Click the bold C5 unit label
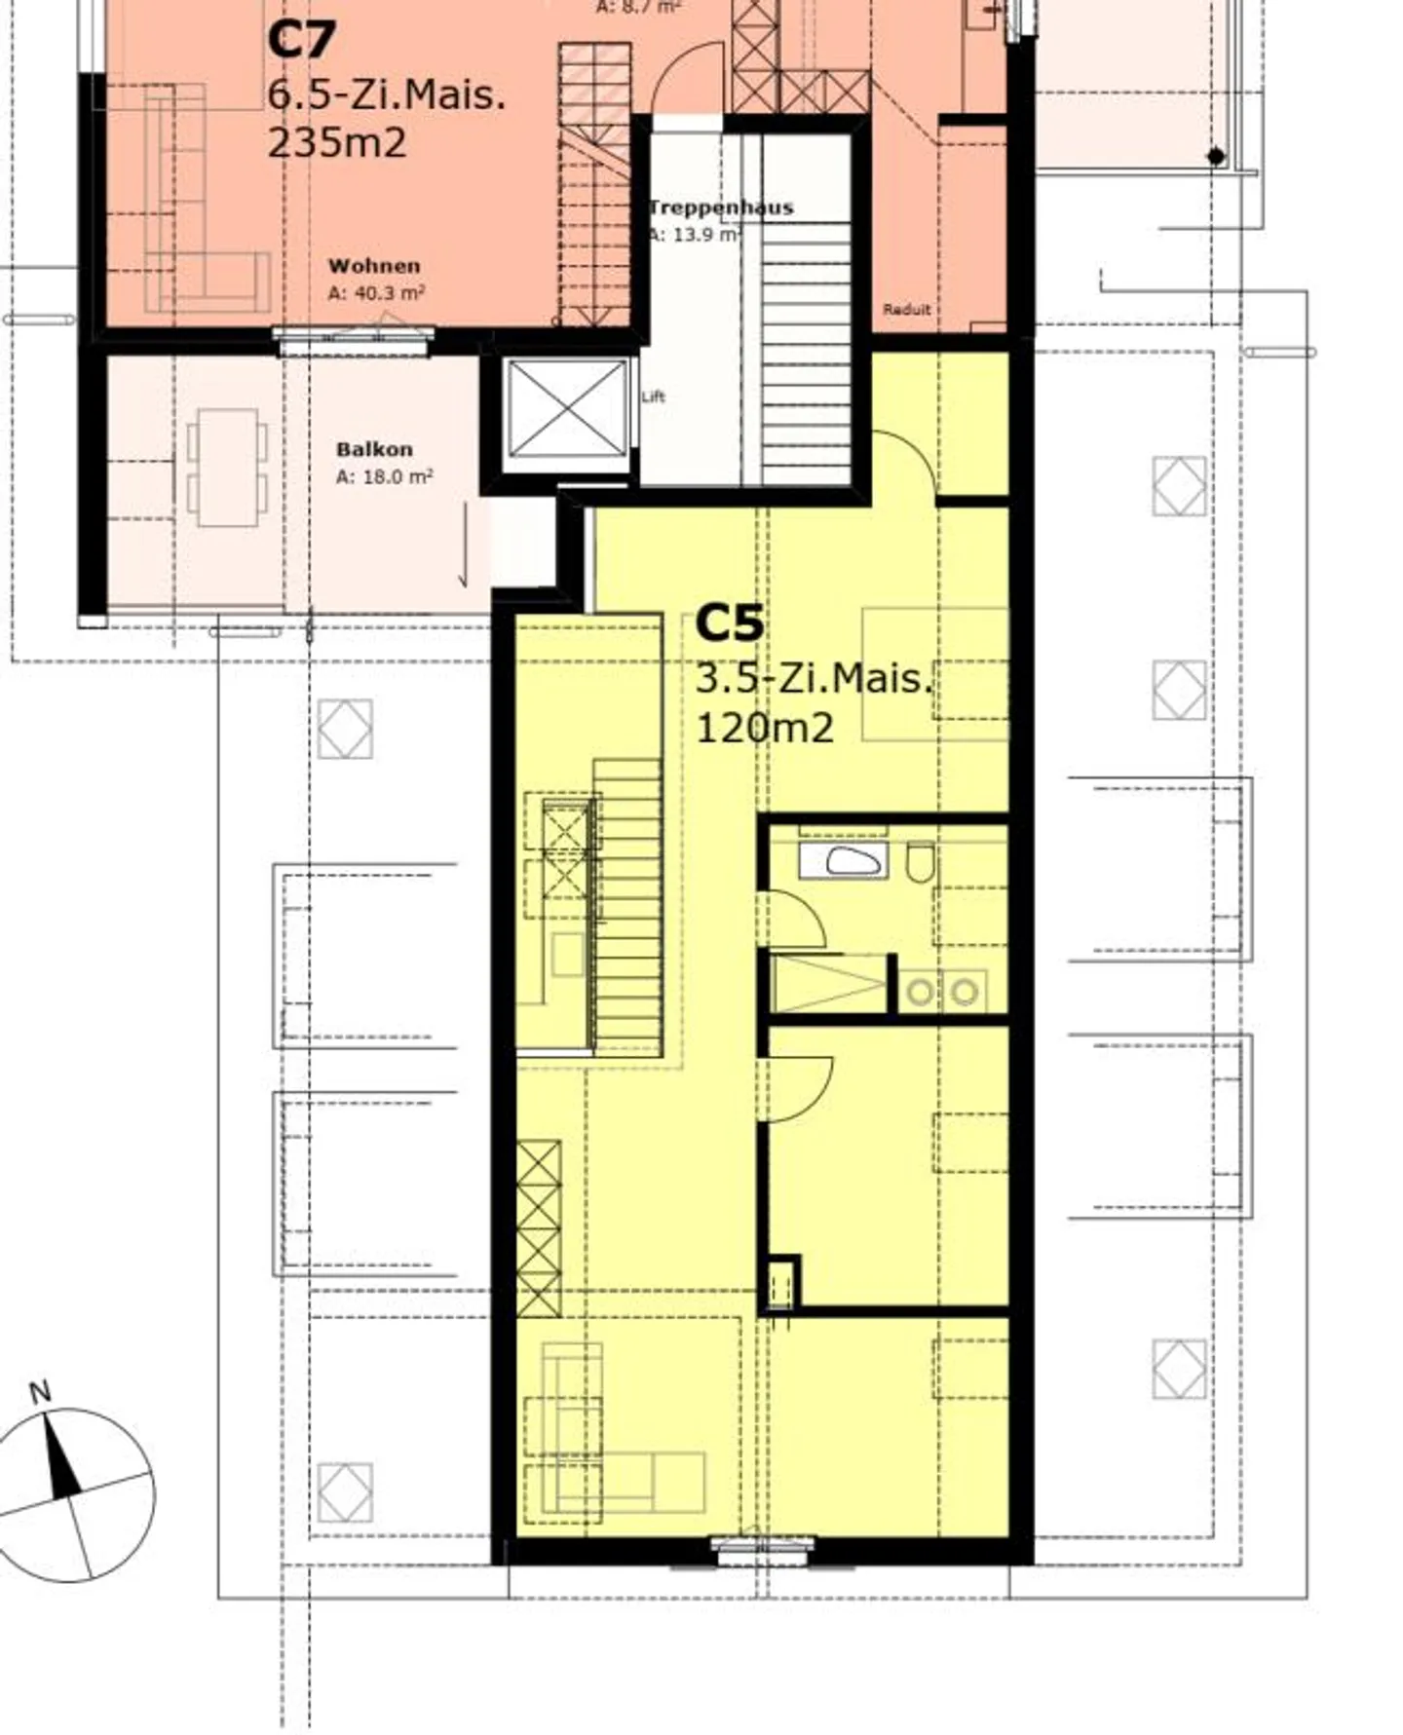coord(730,624)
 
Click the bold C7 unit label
coord(301,41)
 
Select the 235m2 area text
coord(337,143)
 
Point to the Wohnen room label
coord(374,266)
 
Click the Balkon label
coord(374,450)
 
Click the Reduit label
coord(907,310)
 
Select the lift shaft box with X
coord(568,408)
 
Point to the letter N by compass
coord(40,1393)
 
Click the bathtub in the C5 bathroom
coord(844,861)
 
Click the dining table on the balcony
coord(227,468)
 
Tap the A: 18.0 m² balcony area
coord(384,477)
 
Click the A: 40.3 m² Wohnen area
coord(376,293)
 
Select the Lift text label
coord(654,396)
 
